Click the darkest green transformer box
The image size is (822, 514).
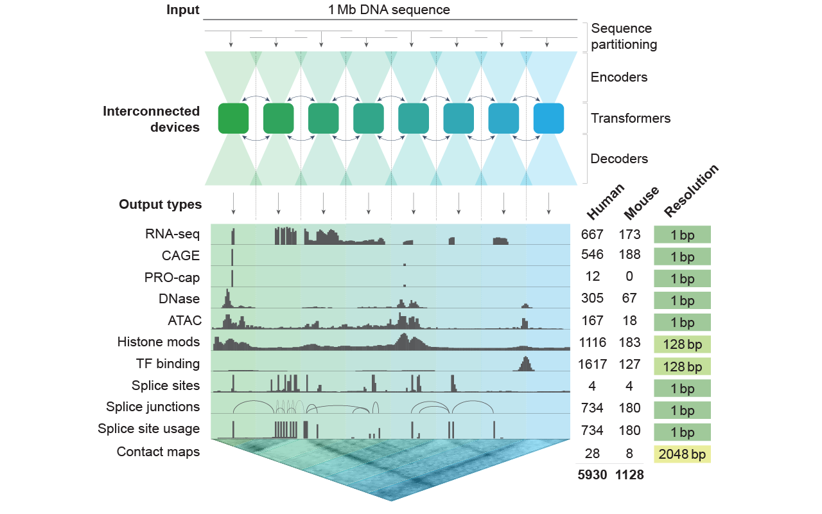[233, 118]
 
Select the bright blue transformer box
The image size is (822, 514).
[548, 118]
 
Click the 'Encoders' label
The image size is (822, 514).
[619, 77]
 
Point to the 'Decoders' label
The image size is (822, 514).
[619, 159]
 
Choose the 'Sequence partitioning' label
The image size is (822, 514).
[624, 37]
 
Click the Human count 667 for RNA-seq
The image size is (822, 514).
[592, 234]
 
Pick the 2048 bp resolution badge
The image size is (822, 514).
[682, 454]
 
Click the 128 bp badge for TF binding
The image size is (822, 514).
[682, 367]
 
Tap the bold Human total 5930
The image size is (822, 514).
[592, 475]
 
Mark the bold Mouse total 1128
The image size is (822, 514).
[629, 475]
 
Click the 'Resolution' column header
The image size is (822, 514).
[691, 191]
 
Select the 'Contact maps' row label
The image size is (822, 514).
[158, 452]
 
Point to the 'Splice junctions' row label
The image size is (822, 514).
[153, 407]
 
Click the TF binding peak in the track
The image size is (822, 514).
[525, 363]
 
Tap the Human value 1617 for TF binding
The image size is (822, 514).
[592, 364]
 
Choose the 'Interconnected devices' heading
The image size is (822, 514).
[152, 120]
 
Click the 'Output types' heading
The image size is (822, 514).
[161, 205]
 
